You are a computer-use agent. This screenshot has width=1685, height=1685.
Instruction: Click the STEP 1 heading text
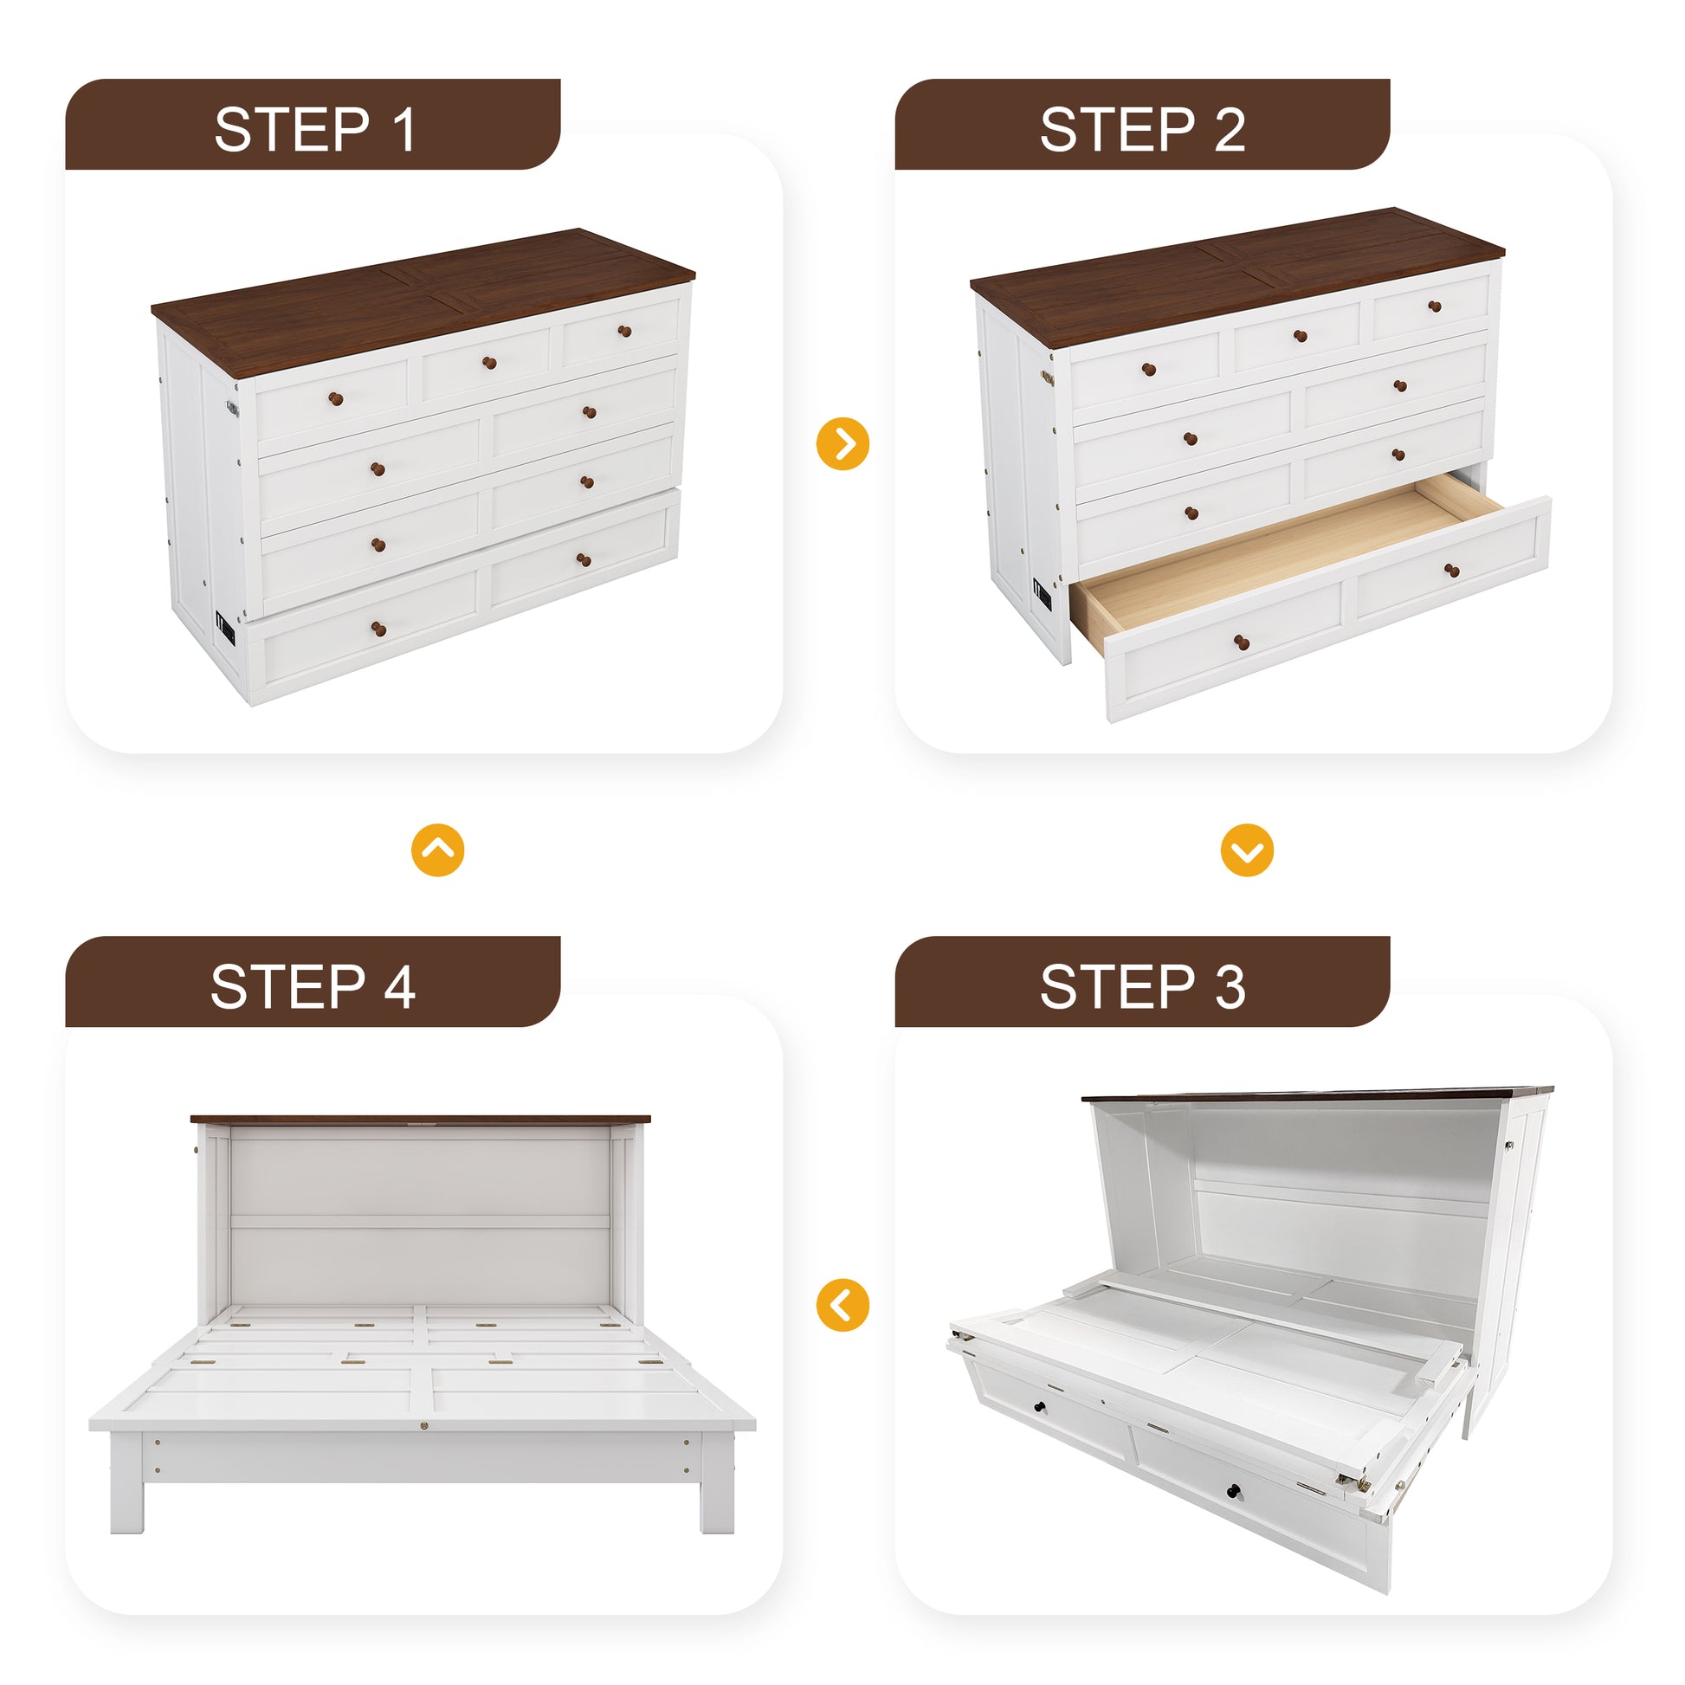(314, 130)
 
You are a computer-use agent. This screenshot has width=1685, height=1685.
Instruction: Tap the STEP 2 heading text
(1142, 130)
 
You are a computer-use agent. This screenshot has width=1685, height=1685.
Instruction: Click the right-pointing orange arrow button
(842, 444)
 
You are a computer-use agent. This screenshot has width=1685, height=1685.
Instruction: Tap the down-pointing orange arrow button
(1247, 849)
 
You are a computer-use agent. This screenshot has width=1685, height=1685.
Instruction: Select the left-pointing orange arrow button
(842, 1305)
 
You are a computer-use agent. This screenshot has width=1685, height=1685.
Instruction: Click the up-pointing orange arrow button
(438, 849)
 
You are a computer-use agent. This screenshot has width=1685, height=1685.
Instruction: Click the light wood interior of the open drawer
(1256, 558)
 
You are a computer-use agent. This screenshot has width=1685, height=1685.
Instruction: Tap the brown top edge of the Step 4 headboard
(419, 1119)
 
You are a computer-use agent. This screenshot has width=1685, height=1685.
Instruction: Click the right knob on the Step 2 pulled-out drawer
(1452, 571)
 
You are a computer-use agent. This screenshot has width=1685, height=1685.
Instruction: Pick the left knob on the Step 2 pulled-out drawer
(1242, 643)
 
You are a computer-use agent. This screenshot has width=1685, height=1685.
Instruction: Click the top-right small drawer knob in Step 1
(624, 332)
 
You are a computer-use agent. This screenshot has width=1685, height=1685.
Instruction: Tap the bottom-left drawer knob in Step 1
(378, 629)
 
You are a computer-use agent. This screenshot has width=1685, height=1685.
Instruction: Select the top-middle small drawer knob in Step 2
(1301, 336)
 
